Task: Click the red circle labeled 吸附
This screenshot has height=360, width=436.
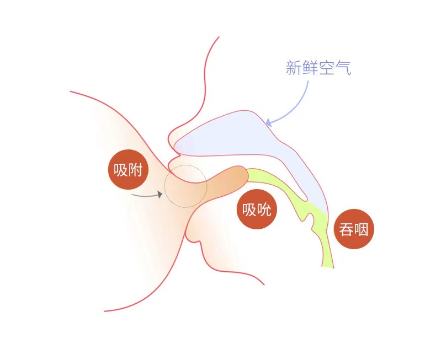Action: click(x=128, y=170)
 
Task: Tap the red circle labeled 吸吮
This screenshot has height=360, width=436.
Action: click(x=257, y=209)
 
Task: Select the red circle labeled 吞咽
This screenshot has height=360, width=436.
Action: click(x=354, y=229)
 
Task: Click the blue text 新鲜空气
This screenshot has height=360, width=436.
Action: click(x=318, y=68)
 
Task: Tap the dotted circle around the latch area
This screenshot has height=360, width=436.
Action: click(x=186, y=186)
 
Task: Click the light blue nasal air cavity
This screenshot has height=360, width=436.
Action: click(x=237, y=138)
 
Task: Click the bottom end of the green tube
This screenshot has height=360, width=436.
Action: click(x=328, y=263)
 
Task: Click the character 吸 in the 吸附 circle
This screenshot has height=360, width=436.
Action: click(x=121, y=170)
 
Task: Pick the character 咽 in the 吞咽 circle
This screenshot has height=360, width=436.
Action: click(x=361, y=229)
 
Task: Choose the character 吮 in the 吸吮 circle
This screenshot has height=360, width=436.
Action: click(x=264, y=209)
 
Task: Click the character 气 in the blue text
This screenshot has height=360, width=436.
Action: click(x=343, y=68)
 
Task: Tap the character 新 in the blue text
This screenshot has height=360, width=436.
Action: click(x=294, y=68)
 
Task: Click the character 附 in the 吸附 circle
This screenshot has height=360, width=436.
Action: click(x=135, y=170)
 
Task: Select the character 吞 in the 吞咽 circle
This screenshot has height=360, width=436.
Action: click(x=347, y=229)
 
